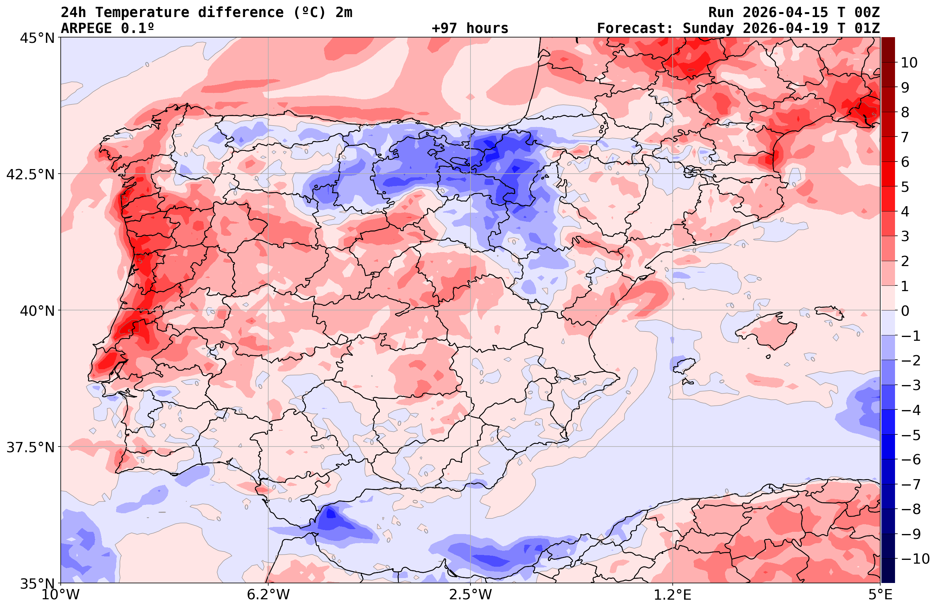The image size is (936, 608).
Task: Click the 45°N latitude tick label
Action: coord(36,38)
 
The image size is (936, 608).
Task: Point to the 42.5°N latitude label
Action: coord(30,174)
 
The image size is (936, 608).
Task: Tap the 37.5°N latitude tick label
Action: coord(30,447)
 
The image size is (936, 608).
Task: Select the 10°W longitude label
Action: coord(60,595)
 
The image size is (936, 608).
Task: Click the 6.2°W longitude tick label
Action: coord(268,595)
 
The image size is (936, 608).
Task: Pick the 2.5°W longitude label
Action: coord(470,595)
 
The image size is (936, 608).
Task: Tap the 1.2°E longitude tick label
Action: coord(673,595)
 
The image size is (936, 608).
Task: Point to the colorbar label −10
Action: coord(915,558)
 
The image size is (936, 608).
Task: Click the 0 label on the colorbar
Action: coord(905,311)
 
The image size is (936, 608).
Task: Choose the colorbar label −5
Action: coord(911,435)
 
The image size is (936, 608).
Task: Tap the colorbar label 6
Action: coord(905,162)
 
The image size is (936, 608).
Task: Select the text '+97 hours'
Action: coord(470,28)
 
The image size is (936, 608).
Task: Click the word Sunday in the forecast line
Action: coord(708,28)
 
